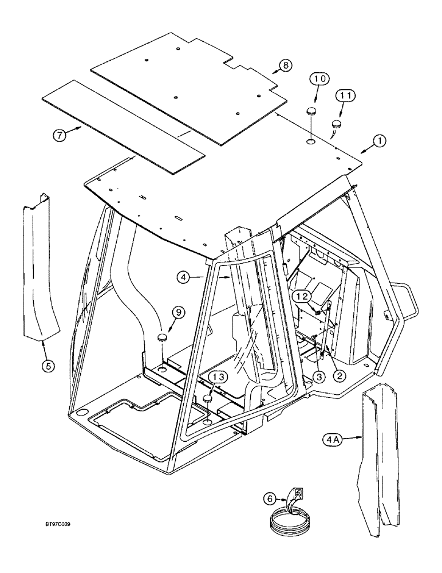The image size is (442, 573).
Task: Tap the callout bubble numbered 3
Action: (318, 376)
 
